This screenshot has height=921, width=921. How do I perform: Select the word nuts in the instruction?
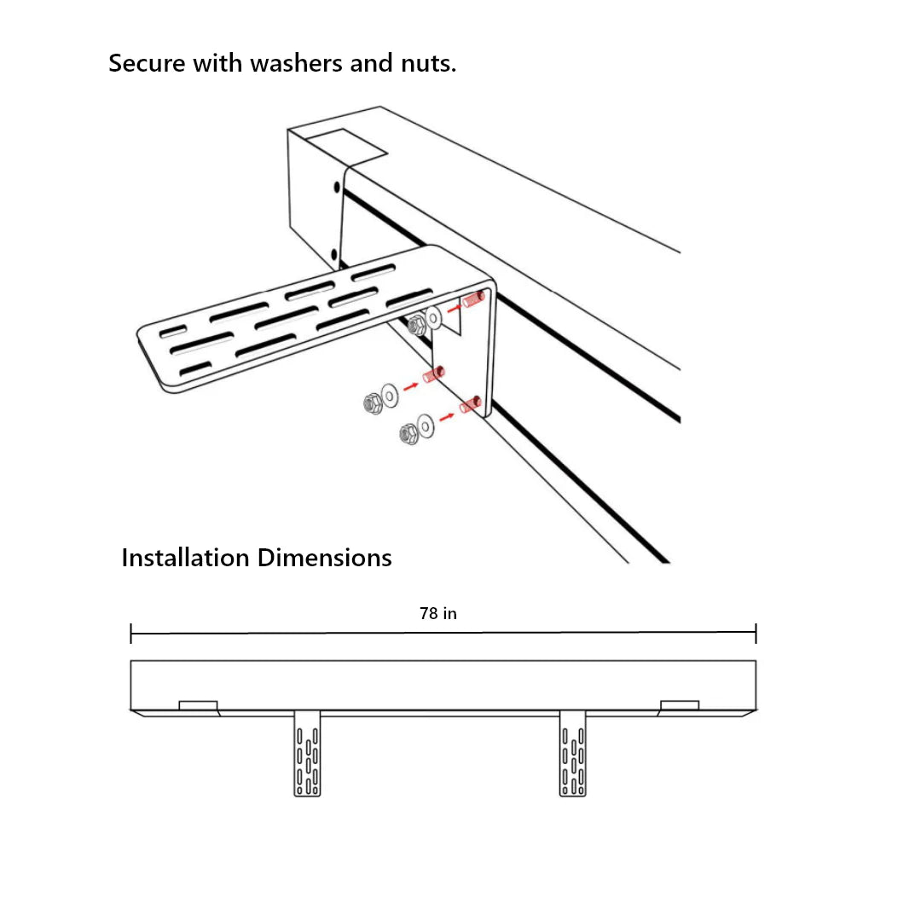click(427, 63)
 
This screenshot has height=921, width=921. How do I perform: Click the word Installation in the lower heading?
click(185, 558)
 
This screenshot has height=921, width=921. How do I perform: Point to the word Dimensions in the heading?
click(324, 558)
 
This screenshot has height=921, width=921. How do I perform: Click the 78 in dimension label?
click(438, 613)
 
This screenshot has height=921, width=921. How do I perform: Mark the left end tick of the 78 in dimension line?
click(131, 633)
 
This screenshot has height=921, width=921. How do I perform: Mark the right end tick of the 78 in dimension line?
click(756, 633)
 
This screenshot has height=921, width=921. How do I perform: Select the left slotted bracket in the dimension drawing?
click(308, 753)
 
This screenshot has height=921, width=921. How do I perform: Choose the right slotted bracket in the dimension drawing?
click(573, 753)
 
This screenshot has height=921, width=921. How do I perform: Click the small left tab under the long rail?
click(198, 706)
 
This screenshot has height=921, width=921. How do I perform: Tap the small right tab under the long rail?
click(680, 706)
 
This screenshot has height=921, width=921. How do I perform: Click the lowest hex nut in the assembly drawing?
click(409, 435)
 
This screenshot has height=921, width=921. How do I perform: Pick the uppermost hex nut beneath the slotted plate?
click(417, 324)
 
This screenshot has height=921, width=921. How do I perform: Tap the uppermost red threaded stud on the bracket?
click(474, 298)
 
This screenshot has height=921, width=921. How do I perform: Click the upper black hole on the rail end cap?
click(336, 187)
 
